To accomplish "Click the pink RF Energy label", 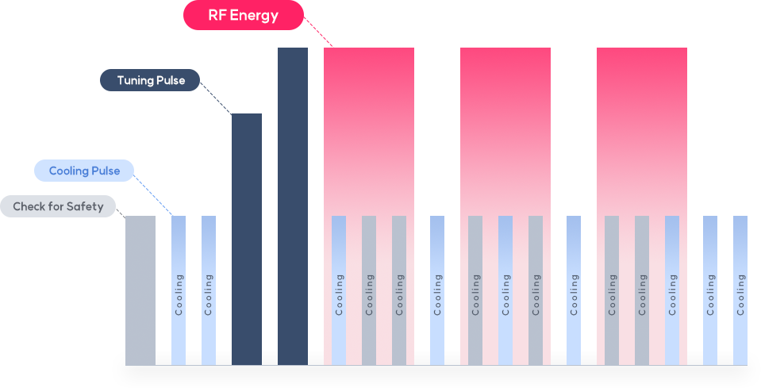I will click(243, 15).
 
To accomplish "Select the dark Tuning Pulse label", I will click(149, 80).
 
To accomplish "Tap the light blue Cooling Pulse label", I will click(83, 171).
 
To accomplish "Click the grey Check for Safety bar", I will click(140, 290).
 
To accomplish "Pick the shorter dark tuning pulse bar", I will click(246, 238).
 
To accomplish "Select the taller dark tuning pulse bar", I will click(292, 206).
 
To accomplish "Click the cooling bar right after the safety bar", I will click(179, 290).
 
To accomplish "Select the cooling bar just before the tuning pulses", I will click(209, 290).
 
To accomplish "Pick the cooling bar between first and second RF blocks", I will click(437, 290).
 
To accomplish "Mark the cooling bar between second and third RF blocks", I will click(574, 290).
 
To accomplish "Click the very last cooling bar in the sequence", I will click(740, 290).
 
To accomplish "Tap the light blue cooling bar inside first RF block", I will click(339, 290).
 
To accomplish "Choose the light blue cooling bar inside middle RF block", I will click(505, 290).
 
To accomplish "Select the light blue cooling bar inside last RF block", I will click(672, 290).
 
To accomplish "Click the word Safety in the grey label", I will click(86, 206).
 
